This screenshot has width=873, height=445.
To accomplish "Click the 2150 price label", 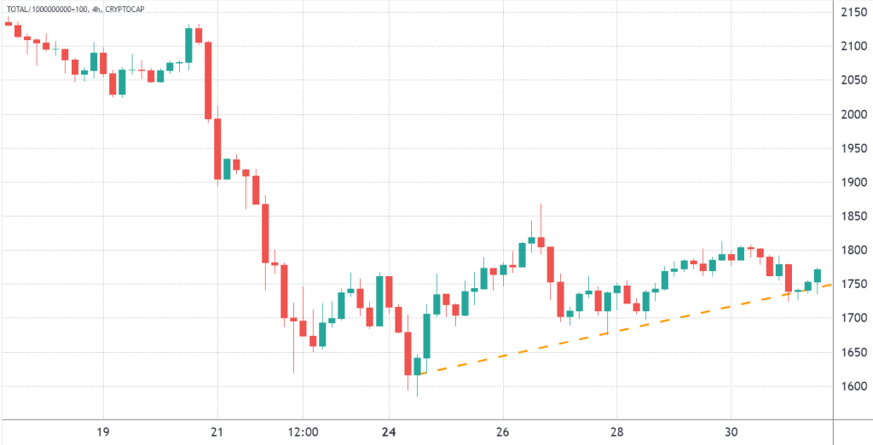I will coord(852,13).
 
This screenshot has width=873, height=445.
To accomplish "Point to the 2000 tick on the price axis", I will coord(852,114).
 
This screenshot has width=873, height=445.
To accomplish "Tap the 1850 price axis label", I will coord(852,217).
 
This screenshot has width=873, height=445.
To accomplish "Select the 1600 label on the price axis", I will coord(852,386).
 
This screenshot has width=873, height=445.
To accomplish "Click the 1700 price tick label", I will coord(852,318).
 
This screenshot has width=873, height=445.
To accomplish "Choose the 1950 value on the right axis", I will coord(852,148).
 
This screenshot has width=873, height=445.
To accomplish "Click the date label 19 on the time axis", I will coord(102,431).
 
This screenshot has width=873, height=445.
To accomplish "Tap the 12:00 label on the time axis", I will coord(304,431).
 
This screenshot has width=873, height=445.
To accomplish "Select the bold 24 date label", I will coord(388,431).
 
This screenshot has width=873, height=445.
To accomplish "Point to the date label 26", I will coord(503,431).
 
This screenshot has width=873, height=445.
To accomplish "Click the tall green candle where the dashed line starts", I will coord(426,336).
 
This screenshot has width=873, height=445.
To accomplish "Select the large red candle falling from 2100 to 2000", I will coord(207,80).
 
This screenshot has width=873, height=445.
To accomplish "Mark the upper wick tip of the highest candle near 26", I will coord(541,205).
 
